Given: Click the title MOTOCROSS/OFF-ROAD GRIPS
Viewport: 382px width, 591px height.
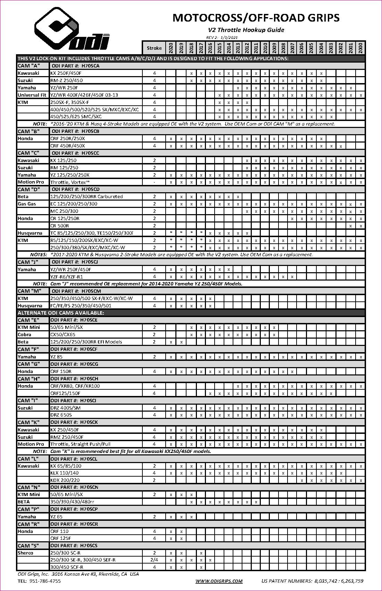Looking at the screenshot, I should (x=256, y=18).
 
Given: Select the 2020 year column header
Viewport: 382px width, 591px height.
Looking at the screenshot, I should (x=171, y=48).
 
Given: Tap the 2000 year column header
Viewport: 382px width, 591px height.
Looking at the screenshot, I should (x=360, y=48).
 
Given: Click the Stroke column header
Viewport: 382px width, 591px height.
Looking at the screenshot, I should (x=154, y=48).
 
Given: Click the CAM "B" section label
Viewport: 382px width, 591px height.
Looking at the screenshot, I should (x=28, y=131).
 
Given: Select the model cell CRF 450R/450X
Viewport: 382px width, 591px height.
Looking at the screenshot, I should (x=67, y=146).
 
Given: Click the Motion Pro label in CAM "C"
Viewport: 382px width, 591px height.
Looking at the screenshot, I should (x=31, y=182).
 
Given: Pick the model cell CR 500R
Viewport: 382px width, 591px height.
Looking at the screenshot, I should (x=60, y=226).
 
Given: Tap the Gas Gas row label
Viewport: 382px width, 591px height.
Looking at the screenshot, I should (x=27, y=204).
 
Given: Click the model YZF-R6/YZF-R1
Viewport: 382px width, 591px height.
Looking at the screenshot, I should (x=67, y=277).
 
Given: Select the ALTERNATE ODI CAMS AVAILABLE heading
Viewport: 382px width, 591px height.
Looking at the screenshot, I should (x=61, y=313).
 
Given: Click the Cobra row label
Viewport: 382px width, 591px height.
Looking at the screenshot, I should (x=25, y=334).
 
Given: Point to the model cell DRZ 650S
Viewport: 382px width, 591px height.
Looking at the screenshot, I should (x=61, y=415).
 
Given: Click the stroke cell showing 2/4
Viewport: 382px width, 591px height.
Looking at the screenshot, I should (x=154, y=560).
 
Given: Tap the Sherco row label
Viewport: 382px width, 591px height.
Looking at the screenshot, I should (x=26, y=553).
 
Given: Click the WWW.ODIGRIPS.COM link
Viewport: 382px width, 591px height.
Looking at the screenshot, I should (x=219, y=581).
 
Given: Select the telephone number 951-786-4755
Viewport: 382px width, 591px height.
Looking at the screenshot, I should (x=45, y=581).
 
